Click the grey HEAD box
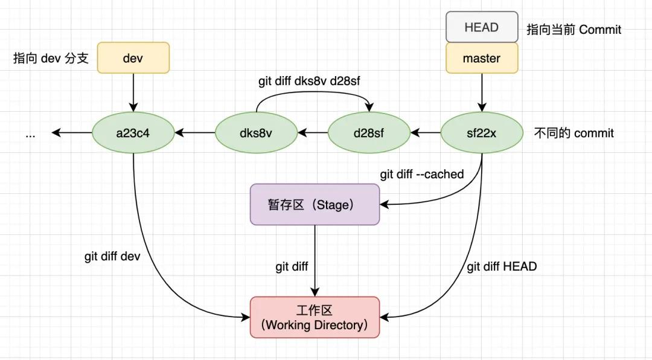pos(482,27)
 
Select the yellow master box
pos(482,59)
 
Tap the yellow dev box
pos(133,59)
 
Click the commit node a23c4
pos(133,133)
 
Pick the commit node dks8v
pos(257,133)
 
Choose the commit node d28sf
pos(369,133)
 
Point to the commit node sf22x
pos(482,133)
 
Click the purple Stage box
pos(315,205)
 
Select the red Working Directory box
pos(315,317)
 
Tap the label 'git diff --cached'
pos(421,175)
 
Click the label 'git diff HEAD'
pos(502,266)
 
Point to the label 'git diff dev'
pos(112,256)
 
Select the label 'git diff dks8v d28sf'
pos(309,81)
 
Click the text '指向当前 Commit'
pos(574,30)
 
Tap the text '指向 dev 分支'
pos(51,59)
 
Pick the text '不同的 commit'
pos(574,133)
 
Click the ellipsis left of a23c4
pos(30,134)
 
